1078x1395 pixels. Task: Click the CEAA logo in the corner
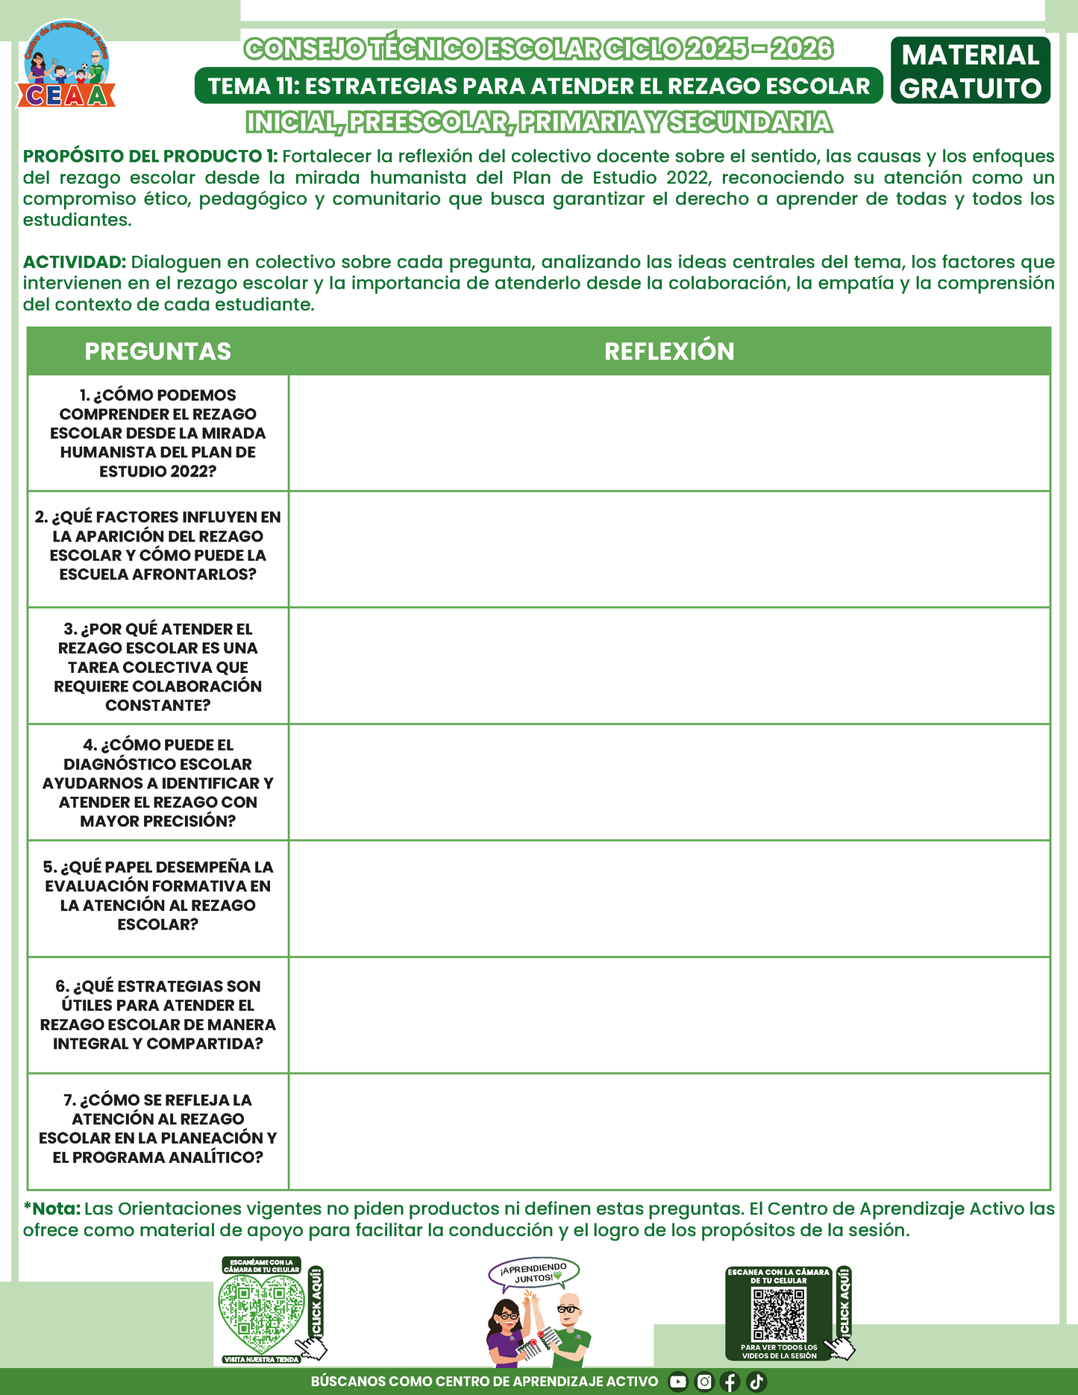click(x=66, y=65)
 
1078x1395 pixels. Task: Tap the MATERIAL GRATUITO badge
click(x=970, y=71)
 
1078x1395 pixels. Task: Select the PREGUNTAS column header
click(x=157, y=351)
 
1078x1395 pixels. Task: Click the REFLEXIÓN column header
click(x=669, y=351)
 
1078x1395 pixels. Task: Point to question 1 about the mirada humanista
click(x=157, y=433)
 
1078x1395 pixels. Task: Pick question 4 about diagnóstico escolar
click(x=157, y=783)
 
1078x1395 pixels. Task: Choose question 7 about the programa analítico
click(x=157, y=1128)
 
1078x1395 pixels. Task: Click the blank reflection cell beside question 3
click(x=669, y=665)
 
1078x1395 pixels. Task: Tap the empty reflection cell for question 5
click(x=669, y=898)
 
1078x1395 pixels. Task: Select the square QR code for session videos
click(x=779, y=1314)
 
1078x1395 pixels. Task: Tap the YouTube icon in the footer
click(x=677, y=1382)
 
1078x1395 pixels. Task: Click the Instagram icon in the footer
click(x=704, y=1382)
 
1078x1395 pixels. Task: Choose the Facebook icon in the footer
click(x=730, y=1382)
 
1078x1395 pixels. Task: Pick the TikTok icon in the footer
click(x=756, y=1382)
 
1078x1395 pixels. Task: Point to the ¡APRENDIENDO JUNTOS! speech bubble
click(x=533, y=1273)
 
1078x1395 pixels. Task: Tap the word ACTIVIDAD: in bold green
click(x=75, y=262)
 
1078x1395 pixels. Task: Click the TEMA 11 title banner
click(x=539, y=86)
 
